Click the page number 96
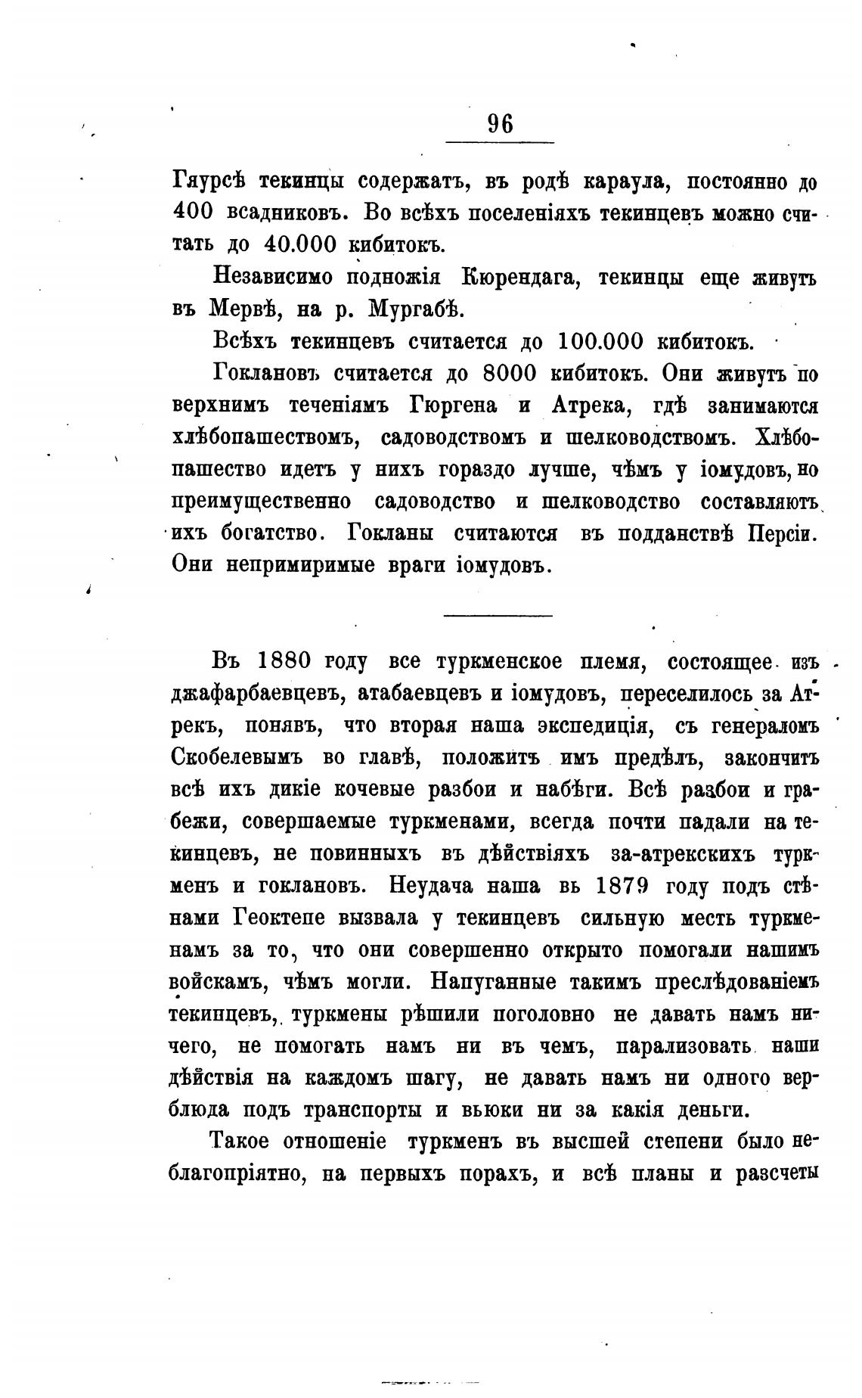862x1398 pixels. pyautogui.click(x=500, y=123)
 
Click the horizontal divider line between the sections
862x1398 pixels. pyautogui.click(x=498, y=614)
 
